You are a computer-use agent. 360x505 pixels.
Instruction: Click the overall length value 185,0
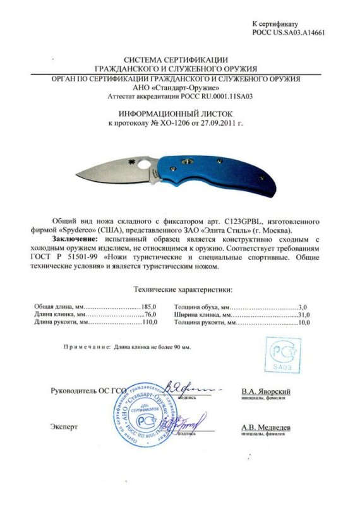[x=148, y=306]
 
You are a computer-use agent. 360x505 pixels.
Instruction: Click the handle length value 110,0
[x=148, y=323]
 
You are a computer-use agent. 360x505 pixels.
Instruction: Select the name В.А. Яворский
[x=267, y=391]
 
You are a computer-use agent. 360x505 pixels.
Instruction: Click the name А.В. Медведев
[x=267, y=428]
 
